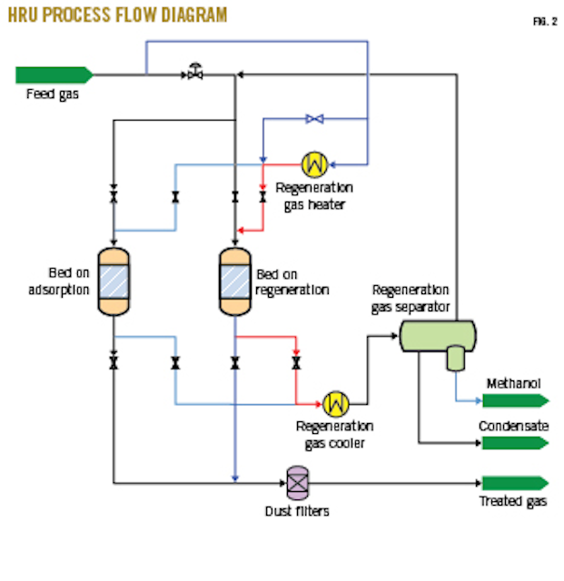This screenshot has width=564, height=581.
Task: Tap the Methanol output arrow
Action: (514, 400)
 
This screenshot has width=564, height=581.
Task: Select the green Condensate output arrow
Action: (514, 443)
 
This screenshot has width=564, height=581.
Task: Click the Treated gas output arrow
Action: (514, 483)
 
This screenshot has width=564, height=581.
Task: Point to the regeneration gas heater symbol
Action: (314, 163)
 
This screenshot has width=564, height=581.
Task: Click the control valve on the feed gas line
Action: (194, 73)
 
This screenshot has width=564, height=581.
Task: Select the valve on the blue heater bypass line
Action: (314, 119)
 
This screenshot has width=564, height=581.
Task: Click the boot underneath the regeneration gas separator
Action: (454, 359)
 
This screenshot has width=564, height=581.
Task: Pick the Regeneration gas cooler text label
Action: (334, 434)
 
